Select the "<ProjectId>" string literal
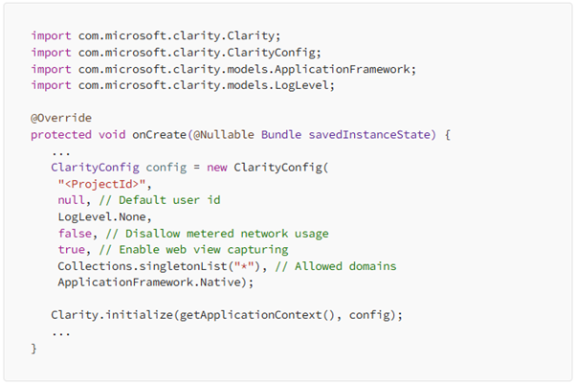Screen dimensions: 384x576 (99, 184)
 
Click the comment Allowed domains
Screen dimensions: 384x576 (330, 265)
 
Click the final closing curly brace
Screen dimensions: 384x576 (33, 348)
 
